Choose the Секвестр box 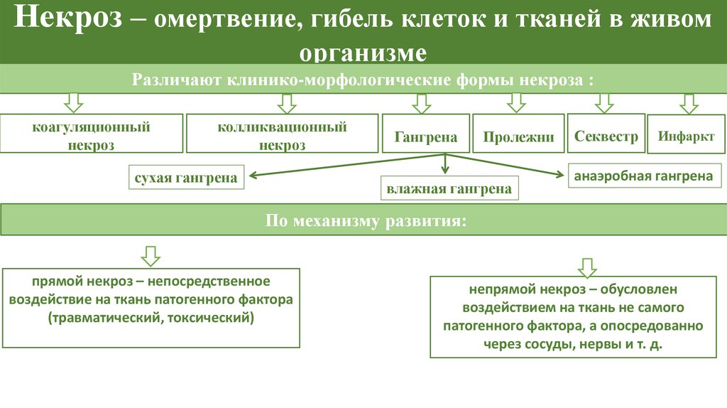coord(606,136)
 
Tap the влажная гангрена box coord(449,189)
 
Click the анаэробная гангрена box coord(643,176)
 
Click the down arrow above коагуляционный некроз coord(74,102)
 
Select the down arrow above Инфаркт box coord(687,103)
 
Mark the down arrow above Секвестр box coord(603,102)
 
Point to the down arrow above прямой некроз coord(151,254)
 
